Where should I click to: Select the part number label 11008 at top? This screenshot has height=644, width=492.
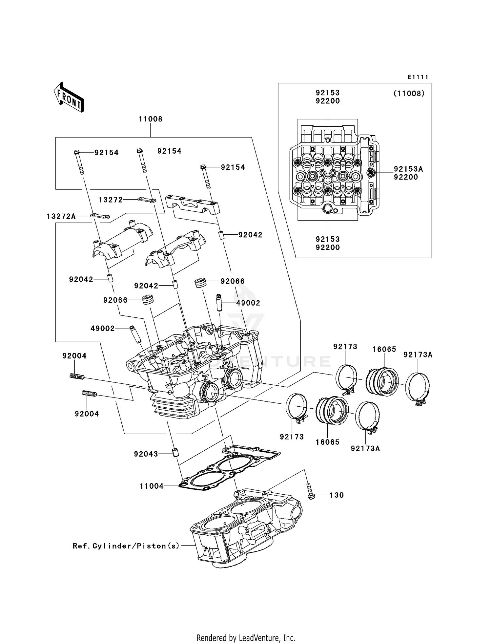click(x=151, y=119)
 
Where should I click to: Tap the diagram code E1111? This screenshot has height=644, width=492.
click(x=418, y=77)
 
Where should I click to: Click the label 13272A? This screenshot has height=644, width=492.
click(x=61, y=216)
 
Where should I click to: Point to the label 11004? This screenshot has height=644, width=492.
click(x=152, y=486)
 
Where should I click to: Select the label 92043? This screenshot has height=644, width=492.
click(x=146, y=454)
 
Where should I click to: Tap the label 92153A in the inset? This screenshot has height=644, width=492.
click(x=408, y=169)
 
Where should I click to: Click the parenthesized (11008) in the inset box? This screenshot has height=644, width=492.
click(x=409, y=94)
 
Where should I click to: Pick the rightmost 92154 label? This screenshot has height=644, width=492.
click(x=233, y=167)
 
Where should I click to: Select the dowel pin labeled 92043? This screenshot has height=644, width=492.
click(x=176, y=453)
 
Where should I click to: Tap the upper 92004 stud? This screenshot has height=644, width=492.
click(x=77, y=376)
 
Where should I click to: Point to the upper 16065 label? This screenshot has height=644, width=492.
click(x=384, y=350)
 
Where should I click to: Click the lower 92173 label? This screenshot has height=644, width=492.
click(x=292, y=437)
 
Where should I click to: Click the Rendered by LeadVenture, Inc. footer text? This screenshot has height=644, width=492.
click(x=246, y=638)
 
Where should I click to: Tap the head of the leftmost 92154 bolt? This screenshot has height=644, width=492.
click(x=77, y=152)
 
